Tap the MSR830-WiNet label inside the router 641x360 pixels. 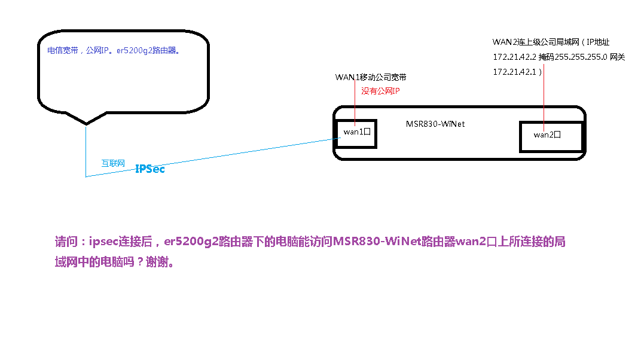[435, 124]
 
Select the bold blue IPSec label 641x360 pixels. [150, 169]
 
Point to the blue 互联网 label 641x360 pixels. [113, 163]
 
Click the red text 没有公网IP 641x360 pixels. [380, 91]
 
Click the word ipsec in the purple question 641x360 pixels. [103, 242]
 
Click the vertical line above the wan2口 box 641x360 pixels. [544, 90]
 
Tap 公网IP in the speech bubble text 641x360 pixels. [99, 51]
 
